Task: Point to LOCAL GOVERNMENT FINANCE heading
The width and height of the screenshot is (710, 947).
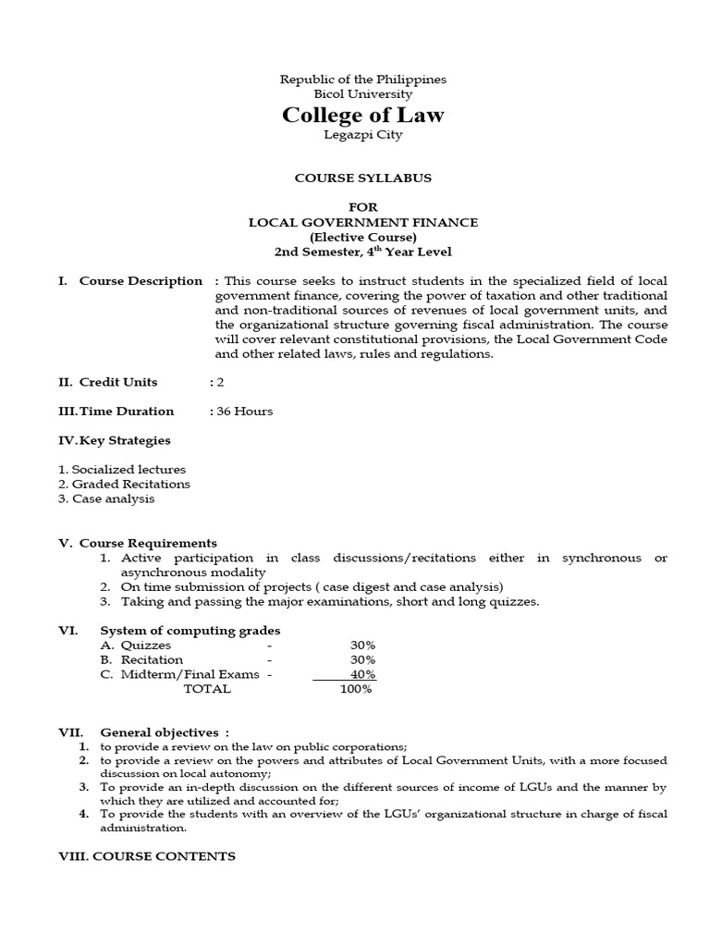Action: (362, 223)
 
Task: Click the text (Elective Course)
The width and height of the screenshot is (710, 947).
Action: (362, 237)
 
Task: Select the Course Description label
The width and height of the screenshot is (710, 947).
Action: (141, 281)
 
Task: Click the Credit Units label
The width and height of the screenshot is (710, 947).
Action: (118, 382)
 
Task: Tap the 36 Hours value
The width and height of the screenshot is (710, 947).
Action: (245, 412)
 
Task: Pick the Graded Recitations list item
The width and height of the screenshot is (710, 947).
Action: (124, 485)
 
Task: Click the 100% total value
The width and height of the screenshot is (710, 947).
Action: (356, 690)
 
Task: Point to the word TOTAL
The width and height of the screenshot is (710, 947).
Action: (207, 690)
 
